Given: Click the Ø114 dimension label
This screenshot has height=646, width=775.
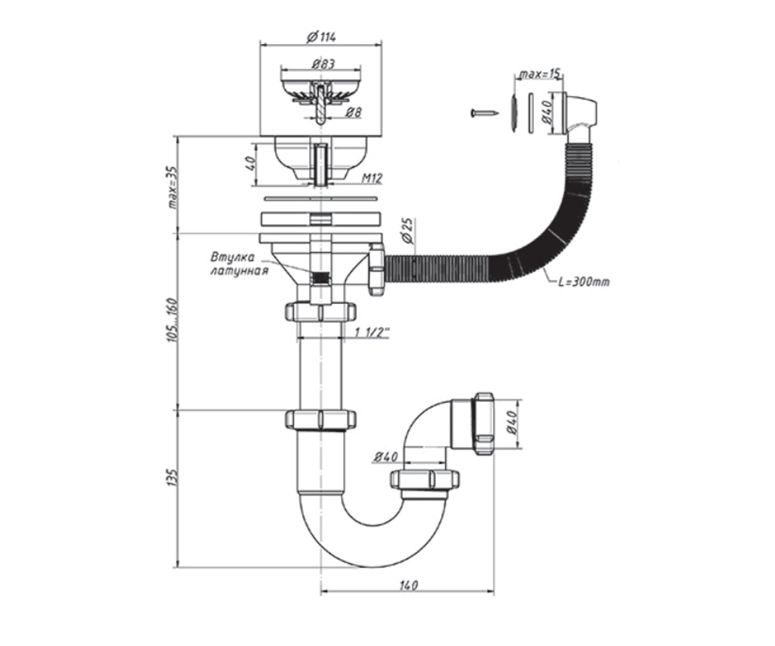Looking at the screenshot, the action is [x=322, y=37].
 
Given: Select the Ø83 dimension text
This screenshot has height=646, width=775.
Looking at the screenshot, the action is [x=324, y=64].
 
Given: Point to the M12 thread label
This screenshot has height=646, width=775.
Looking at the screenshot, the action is [x=371, y=179].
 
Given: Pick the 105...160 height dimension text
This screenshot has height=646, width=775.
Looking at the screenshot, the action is [x=173, y=320].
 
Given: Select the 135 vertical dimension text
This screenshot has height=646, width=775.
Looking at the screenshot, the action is [x=173, y=477].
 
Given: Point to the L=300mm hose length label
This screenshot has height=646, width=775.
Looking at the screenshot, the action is [x=584, y=282].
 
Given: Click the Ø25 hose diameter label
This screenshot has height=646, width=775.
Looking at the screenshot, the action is [x=407, y=231].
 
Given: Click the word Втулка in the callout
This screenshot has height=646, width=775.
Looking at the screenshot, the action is [x=233, y=257].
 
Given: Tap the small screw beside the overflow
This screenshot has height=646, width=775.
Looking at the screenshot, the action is [x=484, y=112].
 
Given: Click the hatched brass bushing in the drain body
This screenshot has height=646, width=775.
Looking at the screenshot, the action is [x=320, y=277].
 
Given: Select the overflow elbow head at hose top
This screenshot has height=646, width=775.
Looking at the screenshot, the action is [x=580, y=114].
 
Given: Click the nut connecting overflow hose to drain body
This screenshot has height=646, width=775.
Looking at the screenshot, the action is [x=377, y=269].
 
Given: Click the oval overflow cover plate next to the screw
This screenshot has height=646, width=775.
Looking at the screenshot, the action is [x=513, y=113].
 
